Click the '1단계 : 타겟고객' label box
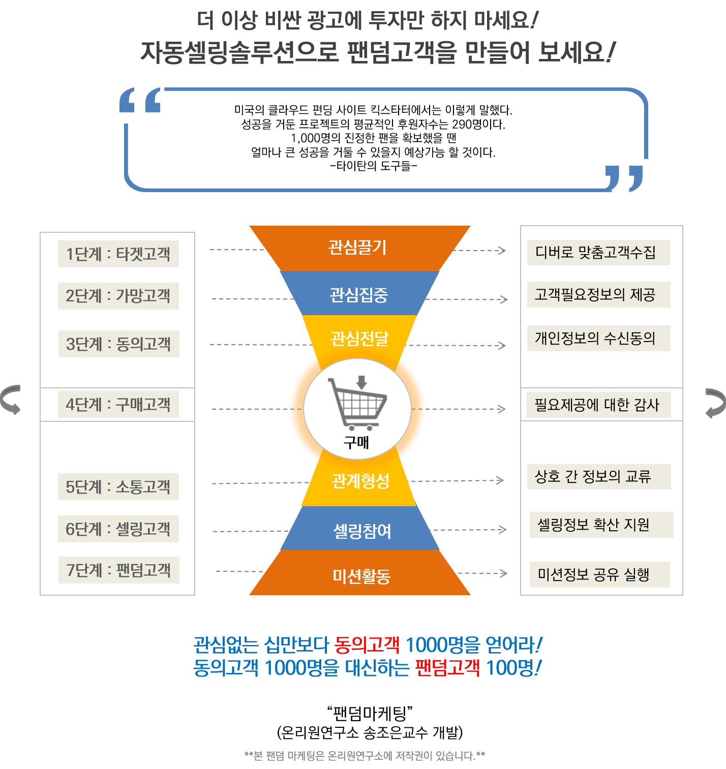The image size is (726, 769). coord(118,254)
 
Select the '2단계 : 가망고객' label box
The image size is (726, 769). coord(118,296)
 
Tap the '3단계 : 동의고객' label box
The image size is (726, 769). coord(119,344)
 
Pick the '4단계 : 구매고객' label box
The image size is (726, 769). coord(118,405)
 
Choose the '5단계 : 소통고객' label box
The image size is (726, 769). coord(118,487)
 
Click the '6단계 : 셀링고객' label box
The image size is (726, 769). coord(118,529)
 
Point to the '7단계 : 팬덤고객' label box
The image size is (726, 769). coord(119,570)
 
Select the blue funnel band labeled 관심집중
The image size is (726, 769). coord(359,294)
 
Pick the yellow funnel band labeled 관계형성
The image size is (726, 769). coord(360,481)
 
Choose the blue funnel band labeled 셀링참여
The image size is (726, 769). coord(361,531)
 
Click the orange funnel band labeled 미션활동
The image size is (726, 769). coord(361,576)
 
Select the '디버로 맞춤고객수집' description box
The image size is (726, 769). coord(598,253)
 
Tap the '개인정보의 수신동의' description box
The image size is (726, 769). coord(598,339)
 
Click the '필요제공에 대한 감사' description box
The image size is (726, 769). coord(598,405)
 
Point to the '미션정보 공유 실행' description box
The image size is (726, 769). coord(599,575)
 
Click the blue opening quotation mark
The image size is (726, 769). coord(140,100)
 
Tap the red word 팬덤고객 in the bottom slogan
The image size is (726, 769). coord(447,668)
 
